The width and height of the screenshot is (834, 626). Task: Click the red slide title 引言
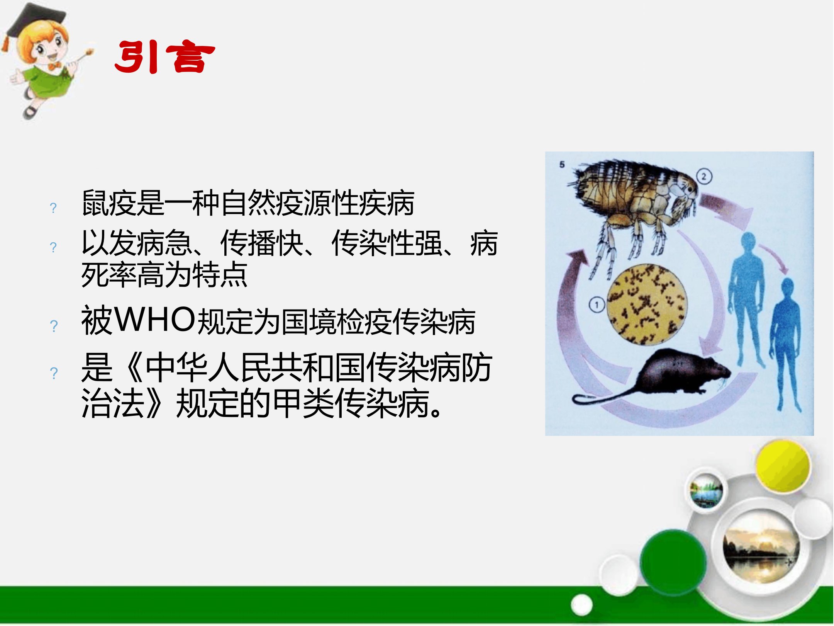tap(165, 57)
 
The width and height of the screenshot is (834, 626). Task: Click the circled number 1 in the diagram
tap(597, 305)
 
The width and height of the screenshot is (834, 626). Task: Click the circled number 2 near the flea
tap(704, 177)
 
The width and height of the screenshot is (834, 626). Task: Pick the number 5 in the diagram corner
tap(562, 164)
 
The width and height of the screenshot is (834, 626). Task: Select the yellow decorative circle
tap(783, 467)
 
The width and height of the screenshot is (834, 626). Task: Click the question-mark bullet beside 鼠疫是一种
tap(53, 208)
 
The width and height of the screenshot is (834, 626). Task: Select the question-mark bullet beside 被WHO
tap(54, 326)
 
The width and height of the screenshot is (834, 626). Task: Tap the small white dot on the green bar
tap(582, 605)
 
